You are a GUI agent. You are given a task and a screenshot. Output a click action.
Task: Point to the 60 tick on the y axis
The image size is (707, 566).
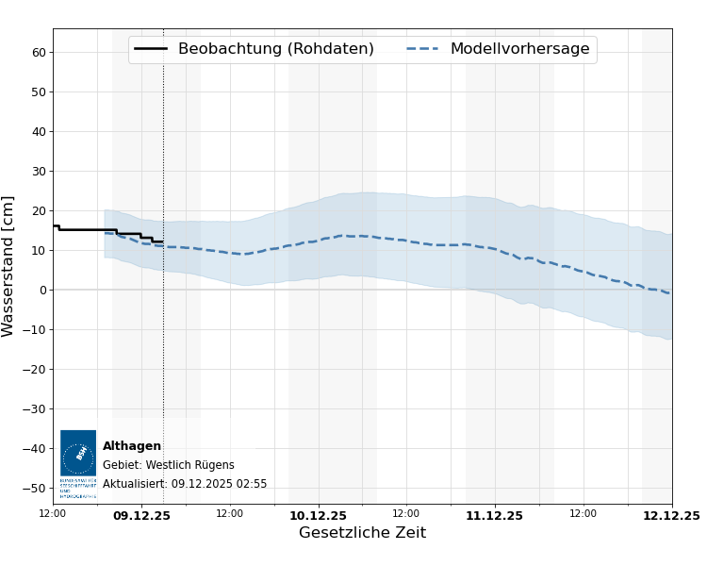(x=39, y=53)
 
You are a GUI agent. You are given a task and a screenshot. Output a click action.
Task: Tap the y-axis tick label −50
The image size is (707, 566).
(x=35, y=489)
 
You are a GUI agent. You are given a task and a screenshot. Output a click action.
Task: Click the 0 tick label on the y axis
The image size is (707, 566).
(x=42, y=291)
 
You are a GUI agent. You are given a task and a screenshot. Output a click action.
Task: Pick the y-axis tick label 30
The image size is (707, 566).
(x=39, y=172)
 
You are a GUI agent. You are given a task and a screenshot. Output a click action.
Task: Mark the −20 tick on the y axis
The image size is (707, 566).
(x=35, y=370)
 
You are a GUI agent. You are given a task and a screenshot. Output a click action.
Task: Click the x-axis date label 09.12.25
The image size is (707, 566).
(x=141, y=516)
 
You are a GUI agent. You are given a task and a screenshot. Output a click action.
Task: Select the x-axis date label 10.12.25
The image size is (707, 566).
(x=318, y=516)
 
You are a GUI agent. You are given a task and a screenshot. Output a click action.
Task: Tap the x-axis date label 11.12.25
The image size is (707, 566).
(x=494, y=516)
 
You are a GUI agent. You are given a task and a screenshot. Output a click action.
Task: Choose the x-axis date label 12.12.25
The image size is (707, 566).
(x=670, y=516)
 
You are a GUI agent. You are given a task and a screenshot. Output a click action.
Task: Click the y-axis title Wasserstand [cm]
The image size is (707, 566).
(x=8, y=266)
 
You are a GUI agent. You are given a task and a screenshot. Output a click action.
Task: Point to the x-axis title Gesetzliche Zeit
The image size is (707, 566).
(x=362, y=533)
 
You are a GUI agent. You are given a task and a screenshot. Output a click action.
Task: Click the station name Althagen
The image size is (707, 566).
(x=132, y=446)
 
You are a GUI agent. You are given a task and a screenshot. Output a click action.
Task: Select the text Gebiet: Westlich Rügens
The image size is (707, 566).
(x=168, y=465)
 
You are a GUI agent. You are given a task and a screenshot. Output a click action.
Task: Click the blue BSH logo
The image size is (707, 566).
(x=78, y=454)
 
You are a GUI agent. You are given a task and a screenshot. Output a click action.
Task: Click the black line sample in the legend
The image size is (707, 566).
(x=151, y=49)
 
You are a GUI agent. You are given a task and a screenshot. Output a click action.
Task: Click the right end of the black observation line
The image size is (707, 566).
(x=163, y=242)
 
